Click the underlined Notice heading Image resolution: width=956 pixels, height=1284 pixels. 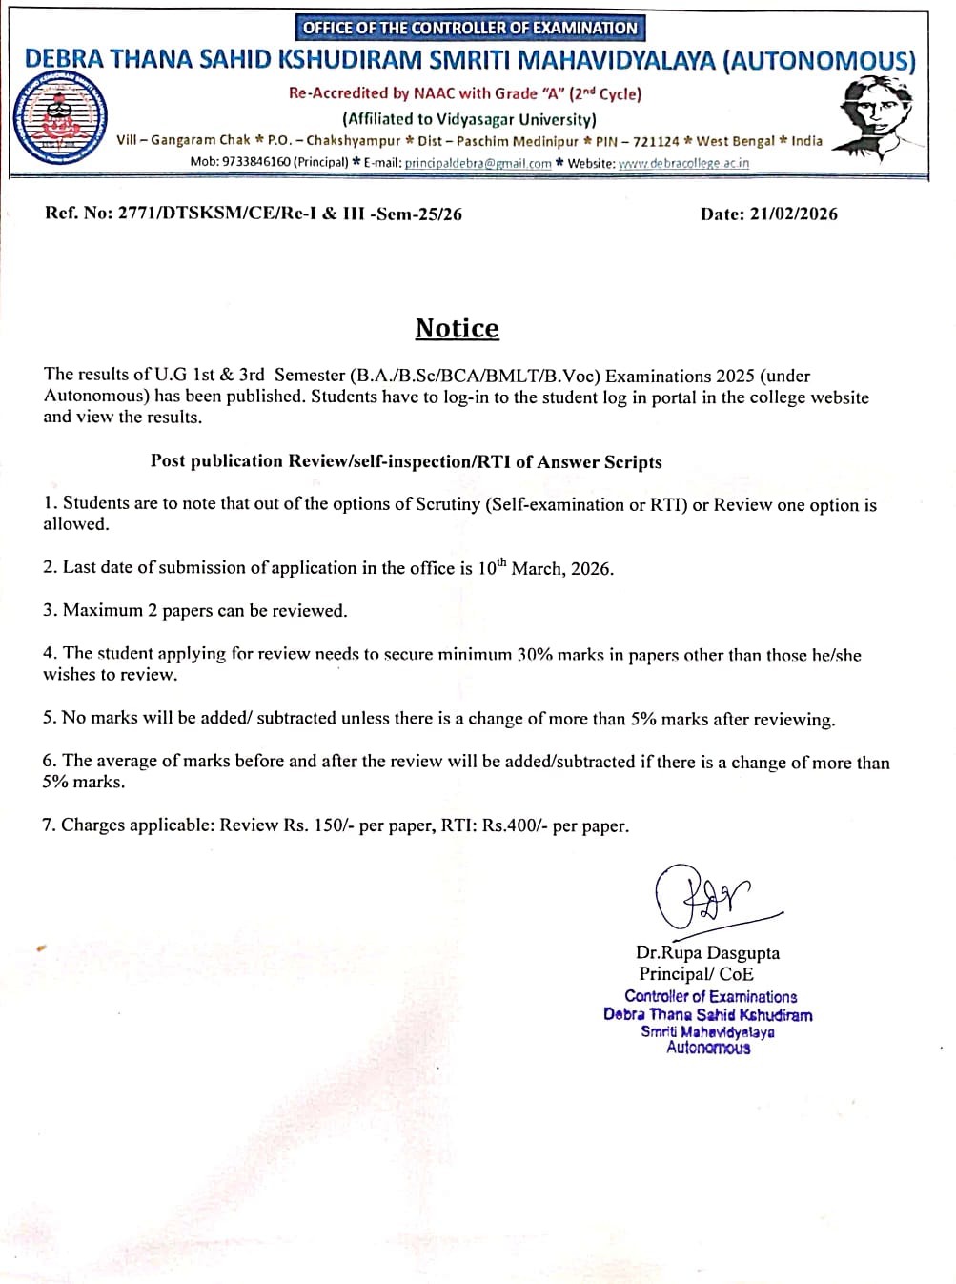pyautogui.click(x=457, y=329)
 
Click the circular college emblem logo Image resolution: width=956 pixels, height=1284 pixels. pyautogui.click(x=60, y=120)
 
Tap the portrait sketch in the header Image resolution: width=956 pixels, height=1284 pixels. pyautogui.click(x=873, y=118)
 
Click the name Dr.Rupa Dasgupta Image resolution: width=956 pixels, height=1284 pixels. pyautogui.click(x=707, y=952)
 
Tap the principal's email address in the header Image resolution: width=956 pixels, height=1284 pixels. pyautogui.click(x=478, y=163)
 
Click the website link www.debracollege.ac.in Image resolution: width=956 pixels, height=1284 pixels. pyautogui.click(x=683, y=163)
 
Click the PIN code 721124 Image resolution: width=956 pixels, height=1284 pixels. pyautogui.click(x=656, y=141)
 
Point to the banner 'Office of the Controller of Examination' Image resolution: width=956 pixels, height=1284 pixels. pyautogui.click(x=469, y=28)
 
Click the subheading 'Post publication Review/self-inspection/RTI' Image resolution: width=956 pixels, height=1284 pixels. pyautogui.click(x=406, y=461)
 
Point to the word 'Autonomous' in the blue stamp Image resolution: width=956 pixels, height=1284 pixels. pyautogui.click(x=708, y=1048)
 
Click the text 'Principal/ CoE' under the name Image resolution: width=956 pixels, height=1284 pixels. pyautogui.click(x=696, y=973)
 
